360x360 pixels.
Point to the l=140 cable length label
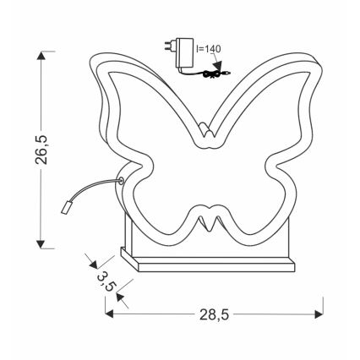tap(206, 49)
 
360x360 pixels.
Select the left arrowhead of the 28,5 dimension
tap(110, 314)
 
